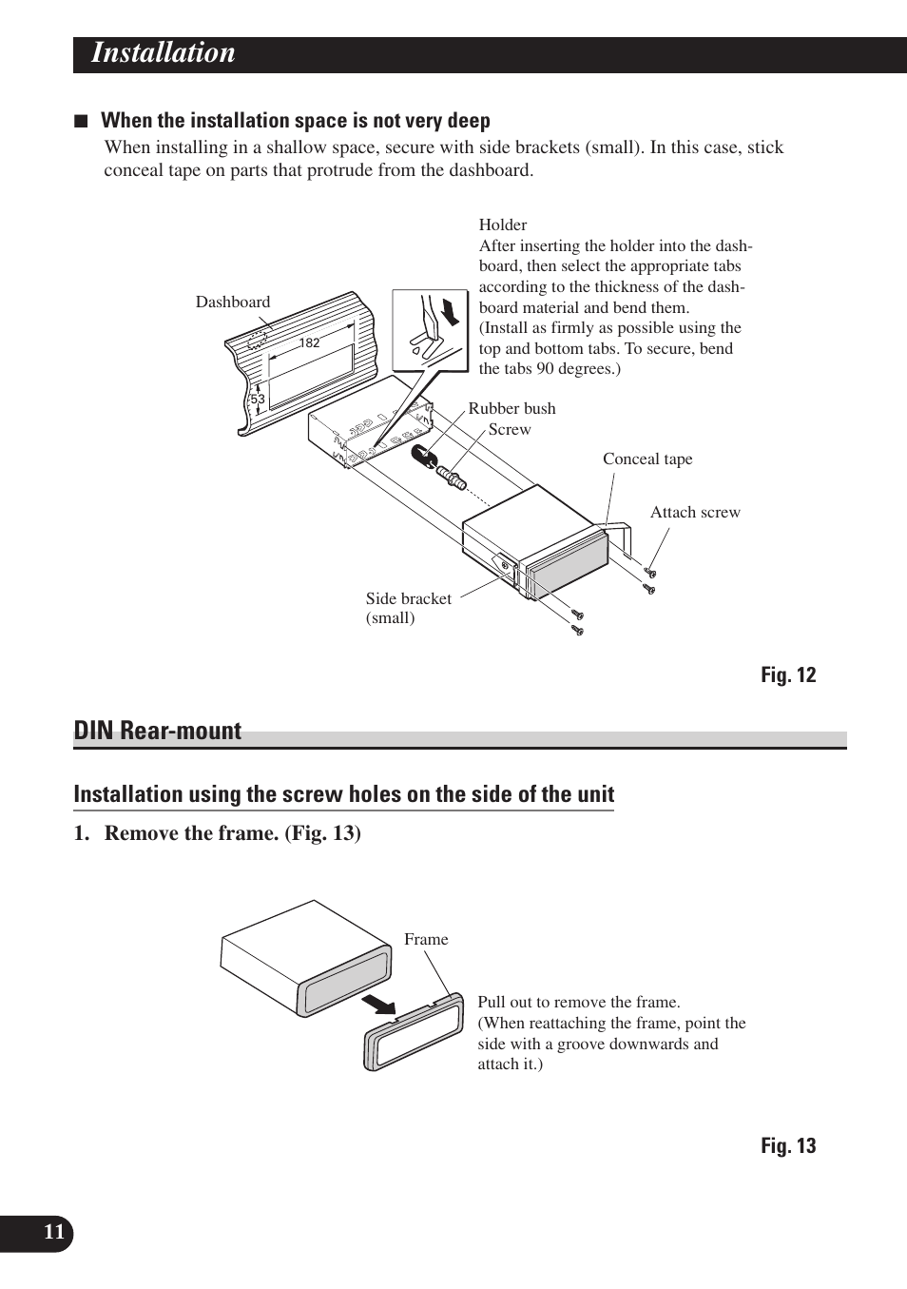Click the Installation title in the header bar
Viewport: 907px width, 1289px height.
click(163, 53)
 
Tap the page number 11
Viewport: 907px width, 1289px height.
click(54, 1233)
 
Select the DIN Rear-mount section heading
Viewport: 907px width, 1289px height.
click(158, 731)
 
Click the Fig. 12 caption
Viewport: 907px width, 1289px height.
click(787, 675)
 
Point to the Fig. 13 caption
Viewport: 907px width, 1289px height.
click(787, 1146)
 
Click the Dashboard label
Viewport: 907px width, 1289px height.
click(233, 303)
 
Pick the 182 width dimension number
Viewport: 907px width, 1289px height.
click(310, 343)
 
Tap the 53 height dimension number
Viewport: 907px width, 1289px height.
click(258, 400)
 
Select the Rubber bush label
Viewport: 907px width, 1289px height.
click(511, 409)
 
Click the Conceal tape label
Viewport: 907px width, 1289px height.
click(647, 459)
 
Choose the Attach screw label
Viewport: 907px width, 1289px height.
click(695, 513)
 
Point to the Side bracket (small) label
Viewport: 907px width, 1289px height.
click(409, 608)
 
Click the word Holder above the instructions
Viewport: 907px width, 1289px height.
click(503, 225)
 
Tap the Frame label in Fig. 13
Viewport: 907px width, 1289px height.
click(426, 940)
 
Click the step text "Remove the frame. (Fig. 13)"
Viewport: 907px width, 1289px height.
click(232, 833)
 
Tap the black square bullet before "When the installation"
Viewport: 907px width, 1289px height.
click(82, 122)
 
